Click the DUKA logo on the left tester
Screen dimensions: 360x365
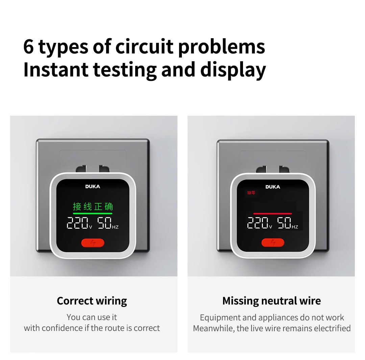pyautogui.click(x=93, y=186)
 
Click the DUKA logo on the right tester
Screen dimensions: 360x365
pyautogui.click(x=272, y=187)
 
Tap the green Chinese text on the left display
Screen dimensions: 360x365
pyautogui.click(x=93, y=206)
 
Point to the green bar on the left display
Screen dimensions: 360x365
pyautogui.click(x=93, y=213)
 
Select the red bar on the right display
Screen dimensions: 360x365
pyautogui.click(x=272, y=213)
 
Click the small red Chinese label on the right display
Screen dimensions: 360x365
pyautogui.click(x=251, y=193)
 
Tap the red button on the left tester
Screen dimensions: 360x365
pyautogui.click(x=93, y=243)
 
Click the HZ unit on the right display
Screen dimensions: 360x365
pyautogui.click(x=295, y=227)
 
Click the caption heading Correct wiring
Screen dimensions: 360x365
pyautogui.click(x=92, y=301)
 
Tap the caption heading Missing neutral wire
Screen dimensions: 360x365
pyautogui.click(x=272, y=301)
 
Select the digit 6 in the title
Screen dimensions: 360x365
pyautogui.click(x=29, y=47)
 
